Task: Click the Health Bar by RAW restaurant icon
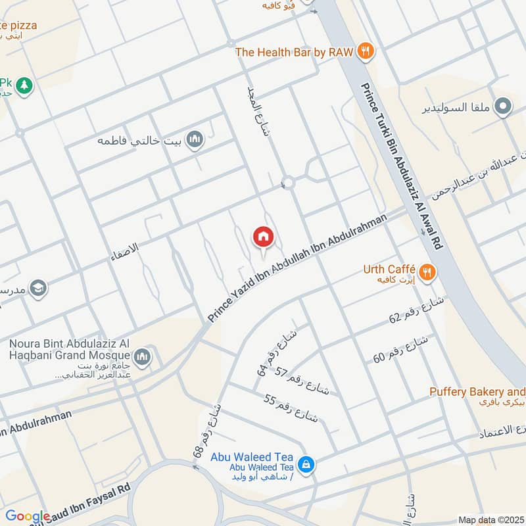[x=366, y=51]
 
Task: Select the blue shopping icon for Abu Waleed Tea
[x=305, y=465]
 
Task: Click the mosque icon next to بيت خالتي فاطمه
[x=194, y=140]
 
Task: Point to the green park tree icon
[x=24, y=85]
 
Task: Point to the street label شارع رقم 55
[x=291, y=408]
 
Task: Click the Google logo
[x=26, y=517]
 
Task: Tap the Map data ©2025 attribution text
[x=490, y=519]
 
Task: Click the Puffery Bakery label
[x=477, y=392]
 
